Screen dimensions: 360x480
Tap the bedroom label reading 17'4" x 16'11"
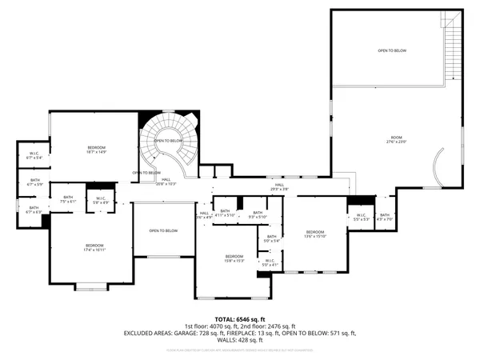(x=94, y=246)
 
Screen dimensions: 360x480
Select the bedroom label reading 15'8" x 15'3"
(x=234, y=258)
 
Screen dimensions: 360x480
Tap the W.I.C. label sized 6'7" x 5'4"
(x=35, y=155)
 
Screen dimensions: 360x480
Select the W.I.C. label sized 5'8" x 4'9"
(x=102, y=200)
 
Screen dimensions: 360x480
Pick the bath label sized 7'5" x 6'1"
(x=68, y=199)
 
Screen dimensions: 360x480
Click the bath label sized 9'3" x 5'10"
(x=257, y=214)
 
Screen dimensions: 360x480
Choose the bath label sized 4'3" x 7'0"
(x=384, y=216)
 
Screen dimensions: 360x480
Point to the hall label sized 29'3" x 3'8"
(x=280, y=186)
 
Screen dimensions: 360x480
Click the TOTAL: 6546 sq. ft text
(x=239, y=318)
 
